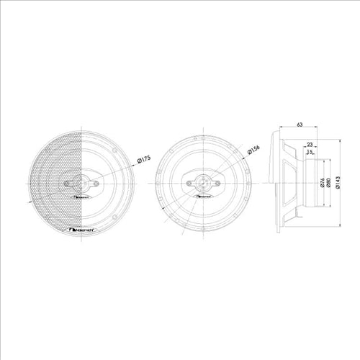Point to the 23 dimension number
pyautogui.click(x=309, y=144)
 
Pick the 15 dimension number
pyautogui.click(x=310, y=153)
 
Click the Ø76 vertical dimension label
pyautogui.click(x=322, y=183)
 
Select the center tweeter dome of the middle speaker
pyautogui.click(x=204, y=183)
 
